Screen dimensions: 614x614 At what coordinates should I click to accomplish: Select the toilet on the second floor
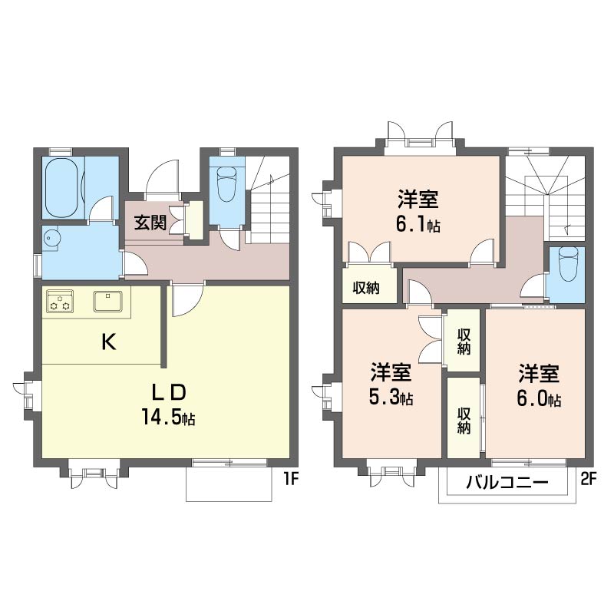[x=568, y=264]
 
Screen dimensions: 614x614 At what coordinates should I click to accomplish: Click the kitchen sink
[x=107, y=302]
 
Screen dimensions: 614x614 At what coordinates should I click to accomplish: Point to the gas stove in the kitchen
[x=60, y=301]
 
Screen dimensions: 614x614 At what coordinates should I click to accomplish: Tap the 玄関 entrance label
[x=150, y=223]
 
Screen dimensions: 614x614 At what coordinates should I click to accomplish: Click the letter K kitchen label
[x=109, y=342]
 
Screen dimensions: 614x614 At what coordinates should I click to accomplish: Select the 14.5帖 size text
[x=168, y=418]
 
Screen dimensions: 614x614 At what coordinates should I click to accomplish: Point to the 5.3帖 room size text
[x=391, y=398]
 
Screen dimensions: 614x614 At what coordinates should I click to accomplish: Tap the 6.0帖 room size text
[x=539, y=399]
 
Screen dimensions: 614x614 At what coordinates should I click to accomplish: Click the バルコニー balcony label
[x=507, y=483]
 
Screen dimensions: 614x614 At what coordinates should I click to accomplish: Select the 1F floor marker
[x=291, y=478]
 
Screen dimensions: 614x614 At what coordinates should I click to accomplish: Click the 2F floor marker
[x=588, y=478]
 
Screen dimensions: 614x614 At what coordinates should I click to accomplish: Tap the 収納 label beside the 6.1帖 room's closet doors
[x=366, y=288]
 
